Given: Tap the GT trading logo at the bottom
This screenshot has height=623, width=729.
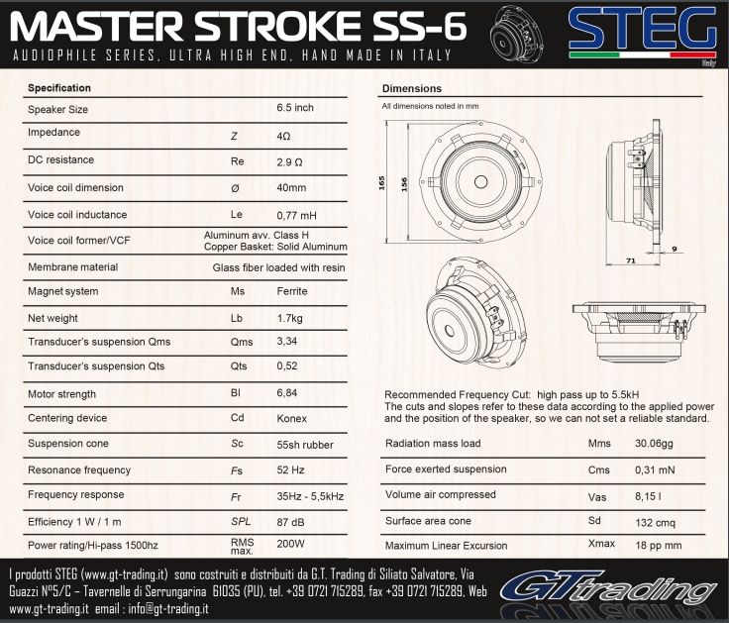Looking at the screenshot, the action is point(609,589).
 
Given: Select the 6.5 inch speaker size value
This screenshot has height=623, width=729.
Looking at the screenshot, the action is point(295,108).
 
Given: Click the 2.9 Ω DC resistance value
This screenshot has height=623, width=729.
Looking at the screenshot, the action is point(289,162).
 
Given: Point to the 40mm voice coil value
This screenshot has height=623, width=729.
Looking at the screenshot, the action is point(291,188).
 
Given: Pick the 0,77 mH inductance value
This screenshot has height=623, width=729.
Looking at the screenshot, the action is point(296,215).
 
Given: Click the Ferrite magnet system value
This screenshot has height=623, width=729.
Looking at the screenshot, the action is point(292,291).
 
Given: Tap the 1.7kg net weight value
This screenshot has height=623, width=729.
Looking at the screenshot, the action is point(289,319).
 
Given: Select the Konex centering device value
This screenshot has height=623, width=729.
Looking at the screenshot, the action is point(291,418).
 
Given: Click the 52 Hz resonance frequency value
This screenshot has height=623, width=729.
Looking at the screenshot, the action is point(290,470).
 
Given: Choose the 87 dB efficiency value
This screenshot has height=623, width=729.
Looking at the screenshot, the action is point(290,522).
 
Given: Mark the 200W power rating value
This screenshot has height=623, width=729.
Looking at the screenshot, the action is point(290,544).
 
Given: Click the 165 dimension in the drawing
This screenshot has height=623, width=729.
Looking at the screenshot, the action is point(381,182).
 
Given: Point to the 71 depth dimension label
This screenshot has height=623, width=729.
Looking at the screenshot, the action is point(631,260).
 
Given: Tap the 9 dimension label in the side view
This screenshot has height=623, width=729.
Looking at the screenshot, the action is point(675,250).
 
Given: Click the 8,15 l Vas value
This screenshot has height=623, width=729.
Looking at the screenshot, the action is point(648,496).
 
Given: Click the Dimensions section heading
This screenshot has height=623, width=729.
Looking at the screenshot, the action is point(411,88).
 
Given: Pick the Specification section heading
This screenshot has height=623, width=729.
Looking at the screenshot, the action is point(59,88).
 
